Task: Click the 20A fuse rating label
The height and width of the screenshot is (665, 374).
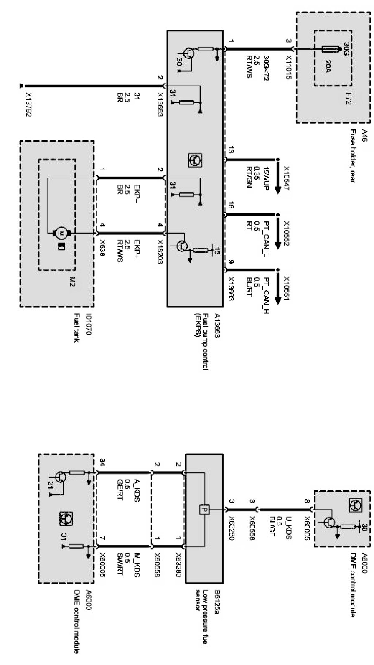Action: [329, 66]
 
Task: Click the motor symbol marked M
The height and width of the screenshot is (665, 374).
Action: [61, 232]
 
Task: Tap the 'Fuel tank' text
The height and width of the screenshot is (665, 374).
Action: [76, 328]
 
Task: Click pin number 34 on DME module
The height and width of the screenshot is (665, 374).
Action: [103, 462]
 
